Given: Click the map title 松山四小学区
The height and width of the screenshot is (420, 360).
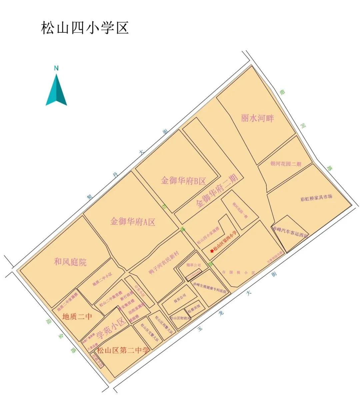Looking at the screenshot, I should tap(85, 28).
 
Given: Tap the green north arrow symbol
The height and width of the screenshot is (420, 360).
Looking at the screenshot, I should tap(56, 90).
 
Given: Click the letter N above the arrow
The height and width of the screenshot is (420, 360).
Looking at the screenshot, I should tap(56, 69).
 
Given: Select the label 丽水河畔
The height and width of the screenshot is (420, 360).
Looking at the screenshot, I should tap(257, 118).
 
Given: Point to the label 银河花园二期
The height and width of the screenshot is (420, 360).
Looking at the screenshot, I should tap(286, 164).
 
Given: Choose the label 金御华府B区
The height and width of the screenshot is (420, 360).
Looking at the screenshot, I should tap(183, 181).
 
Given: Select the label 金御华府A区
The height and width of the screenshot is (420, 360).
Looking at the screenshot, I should tap(133, 222).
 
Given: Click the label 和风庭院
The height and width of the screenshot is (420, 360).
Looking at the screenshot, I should tap(70, 262).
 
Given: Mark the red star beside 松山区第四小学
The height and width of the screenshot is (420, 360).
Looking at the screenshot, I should tap(211, 251).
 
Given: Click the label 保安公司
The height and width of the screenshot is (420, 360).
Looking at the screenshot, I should tap(180, 299).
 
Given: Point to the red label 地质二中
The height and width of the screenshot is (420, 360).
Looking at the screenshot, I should tap(77, 316).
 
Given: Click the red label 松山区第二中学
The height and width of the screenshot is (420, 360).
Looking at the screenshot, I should tap(123, 351).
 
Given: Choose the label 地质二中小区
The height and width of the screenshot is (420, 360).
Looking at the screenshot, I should tap(102, 280).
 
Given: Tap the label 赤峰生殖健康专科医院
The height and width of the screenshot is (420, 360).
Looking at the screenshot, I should tap(210, 287).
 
